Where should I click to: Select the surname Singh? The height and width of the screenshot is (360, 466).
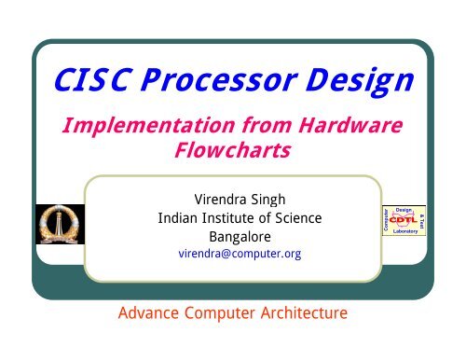[x=272, y=199]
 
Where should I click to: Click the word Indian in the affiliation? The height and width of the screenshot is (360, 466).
[x=179, y=218]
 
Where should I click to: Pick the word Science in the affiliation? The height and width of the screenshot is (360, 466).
[x=296, y=218]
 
